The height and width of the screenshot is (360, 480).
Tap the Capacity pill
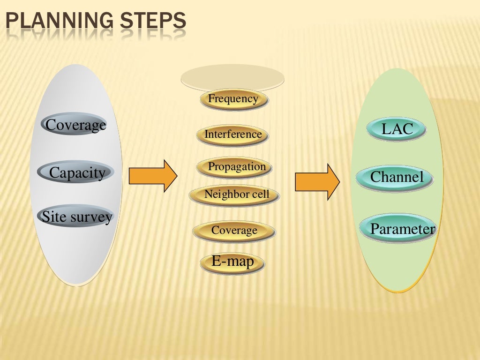coord(76,172)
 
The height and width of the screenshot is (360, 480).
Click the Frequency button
coord(233,99)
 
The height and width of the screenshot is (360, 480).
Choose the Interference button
coord(233,135)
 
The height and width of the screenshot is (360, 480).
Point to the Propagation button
coord(236,167)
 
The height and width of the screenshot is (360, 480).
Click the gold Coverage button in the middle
coord(234,230)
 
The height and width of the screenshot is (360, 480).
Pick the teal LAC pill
coord(397,129)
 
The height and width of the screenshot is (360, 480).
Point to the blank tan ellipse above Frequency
coord(232,77)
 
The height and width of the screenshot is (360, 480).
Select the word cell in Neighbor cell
coord(260,194)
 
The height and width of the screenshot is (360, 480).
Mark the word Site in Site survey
coord(52,217)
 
